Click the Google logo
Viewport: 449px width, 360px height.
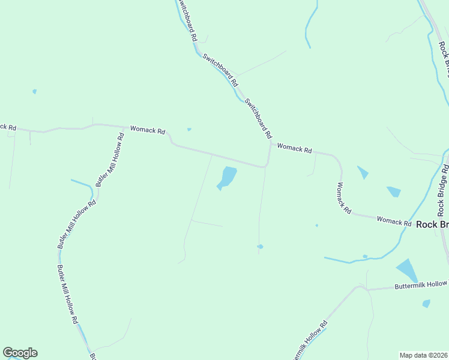(20, 353)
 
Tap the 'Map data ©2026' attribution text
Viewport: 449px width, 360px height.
(423, 355)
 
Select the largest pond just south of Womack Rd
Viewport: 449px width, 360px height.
(227, 178)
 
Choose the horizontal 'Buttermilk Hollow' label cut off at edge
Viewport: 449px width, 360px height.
(421, 285)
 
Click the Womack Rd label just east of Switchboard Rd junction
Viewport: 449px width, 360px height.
(294, 148)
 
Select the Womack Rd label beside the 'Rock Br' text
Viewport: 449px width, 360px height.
(394, 221)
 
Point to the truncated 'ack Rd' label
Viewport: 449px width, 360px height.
(8, 127)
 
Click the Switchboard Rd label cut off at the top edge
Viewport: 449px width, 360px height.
(187, 19)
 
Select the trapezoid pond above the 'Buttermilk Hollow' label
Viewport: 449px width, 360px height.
(407, 269)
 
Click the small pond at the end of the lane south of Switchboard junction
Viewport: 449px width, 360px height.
(260, 246)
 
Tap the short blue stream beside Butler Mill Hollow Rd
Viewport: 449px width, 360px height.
(83, 184)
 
